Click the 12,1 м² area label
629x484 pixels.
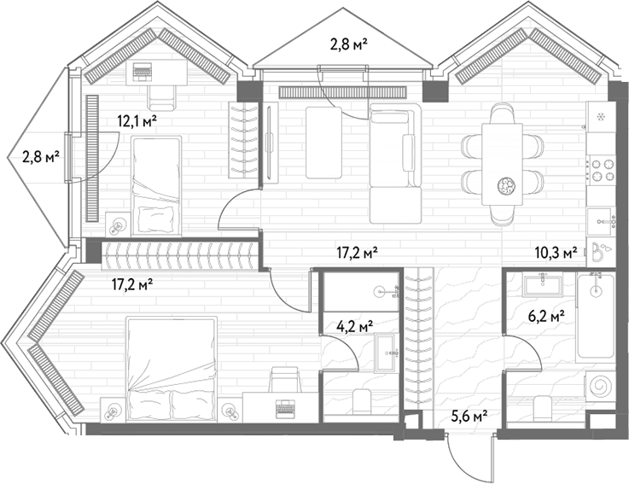(x=137, y=121)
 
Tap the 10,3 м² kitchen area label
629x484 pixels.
(x=556, y=253)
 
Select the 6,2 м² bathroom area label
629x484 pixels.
(x=547, y=318)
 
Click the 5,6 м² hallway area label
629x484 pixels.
(x=469, y=417)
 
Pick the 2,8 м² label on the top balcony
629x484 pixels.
(x=349, y=44)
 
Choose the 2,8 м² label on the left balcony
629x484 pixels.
(x=41, y=156)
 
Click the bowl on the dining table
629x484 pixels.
(x=503, y=185)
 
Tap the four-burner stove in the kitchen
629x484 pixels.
(x=601, y=170)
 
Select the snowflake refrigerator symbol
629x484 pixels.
(x=601, y=117)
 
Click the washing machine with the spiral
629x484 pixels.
(x=600, y=387)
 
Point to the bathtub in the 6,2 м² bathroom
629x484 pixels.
(x=596, y=316)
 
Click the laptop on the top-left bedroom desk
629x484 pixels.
(x=143, y=72)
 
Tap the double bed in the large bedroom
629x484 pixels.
(x=172, y=369)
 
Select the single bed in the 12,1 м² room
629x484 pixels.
(x=156, y=185)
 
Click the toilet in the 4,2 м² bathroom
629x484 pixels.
(x=362, y=403)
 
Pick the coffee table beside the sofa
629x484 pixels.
(x=323, y=143)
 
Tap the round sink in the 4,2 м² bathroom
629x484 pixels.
(x=381, y=292)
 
